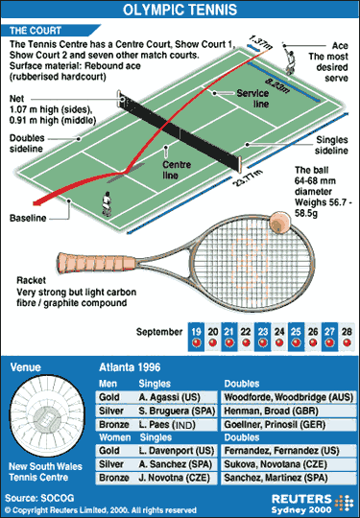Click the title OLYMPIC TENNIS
coord(180,12)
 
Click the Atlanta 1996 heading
coord(132,366)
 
